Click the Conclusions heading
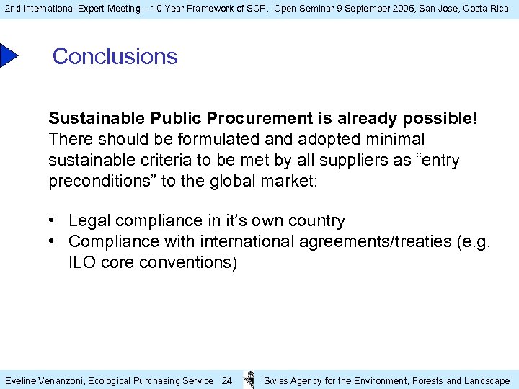115,56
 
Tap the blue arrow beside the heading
8,56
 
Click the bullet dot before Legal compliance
54,220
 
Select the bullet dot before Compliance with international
54,241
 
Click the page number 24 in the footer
226,380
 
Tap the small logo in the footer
249,379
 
